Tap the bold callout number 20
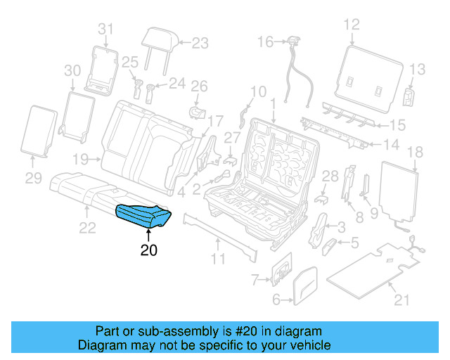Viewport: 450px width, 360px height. [x=148, y=249]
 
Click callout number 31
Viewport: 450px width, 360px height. [x=105, y=29]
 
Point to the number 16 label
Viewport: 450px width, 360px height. [x=264, y=42]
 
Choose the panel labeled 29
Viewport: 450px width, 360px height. [x=40, y=130]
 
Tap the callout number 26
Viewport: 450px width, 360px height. [x=200, y=86]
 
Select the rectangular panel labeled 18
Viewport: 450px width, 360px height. [x=399, y=193]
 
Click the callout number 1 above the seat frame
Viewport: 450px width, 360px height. [x=272, y=103]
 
